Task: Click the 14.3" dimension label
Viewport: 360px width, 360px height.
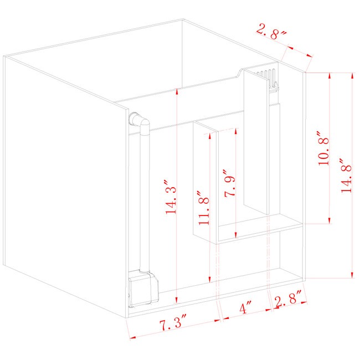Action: (x=171, y=197)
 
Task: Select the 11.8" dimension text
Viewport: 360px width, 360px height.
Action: (x=204, y=208)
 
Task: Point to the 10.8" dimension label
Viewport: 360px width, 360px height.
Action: (x=323, y=148)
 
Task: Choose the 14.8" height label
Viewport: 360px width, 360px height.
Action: (x=346, y=176)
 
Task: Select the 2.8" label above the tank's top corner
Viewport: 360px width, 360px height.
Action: (x=271, y=32)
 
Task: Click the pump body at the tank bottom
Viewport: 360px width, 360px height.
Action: (x=143, y=289)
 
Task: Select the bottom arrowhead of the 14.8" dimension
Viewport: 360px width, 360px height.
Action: (x=352, y=275)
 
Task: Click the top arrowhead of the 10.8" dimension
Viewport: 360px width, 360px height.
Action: (x=330, y=76)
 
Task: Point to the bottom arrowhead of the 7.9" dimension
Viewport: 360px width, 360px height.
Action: (x=235, y=235)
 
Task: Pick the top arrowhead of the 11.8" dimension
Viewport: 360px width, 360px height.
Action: (x=209, y=136)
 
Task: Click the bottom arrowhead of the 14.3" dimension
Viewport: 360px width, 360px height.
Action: (x=176, y=300)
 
